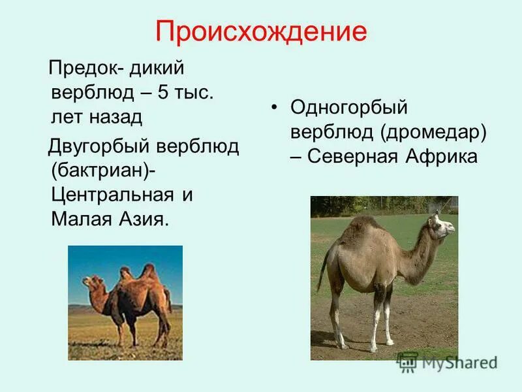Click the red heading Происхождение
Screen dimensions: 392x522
click(x=261, y=32)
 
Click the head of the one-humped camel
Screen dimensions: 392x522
click(x=440, y=225)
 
